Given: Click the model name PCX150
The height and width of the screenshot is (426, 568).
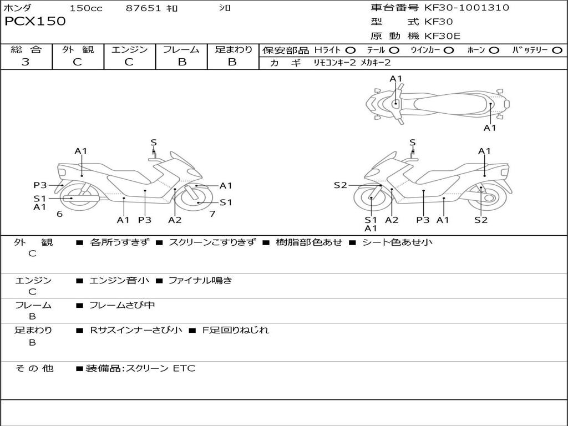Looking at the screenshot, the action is (35, 22).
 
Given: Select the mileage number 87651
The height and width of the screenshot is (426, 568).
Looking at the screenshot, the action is (143, 8).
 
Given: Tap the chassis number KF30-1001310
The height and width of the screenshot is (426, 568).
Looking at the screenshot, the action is (466, 8).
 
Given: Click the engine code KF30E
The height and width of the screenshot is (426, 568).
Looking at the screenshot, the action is (443, 36).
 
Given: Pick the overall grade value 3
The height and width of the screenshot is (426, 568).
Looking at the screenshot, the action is (26, 62).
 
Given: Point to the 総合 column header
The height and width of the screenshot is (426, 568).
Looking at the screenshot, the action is (26, 50).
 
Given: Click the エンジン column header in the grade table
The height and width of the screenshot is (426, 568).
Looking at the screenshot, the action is (129, 50).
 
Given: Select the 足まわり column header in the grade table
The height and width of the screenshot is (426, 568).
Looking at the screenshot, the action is (233, 50).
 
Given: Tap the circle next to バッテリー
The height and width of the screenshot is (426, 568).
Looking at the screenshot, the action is (557, 50).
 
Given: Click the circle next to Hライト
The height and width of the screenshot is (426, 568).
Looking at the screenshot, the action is (350, 50).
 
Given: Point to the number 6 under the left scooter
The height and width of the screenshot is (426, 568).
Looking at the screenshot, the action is (59, 214).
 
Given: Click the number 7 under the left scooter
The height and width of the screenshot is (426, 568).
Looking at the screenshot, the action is (212, 214).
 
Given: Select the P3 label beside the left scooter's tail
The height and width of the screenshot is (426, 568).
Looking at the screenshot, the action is (39, 185).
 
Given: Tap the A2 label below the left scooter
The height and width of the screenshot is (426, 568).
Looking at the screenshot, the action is (175, 220).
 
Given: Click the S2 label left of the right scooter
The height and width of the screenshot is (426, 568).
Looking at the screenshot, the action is (340, 185).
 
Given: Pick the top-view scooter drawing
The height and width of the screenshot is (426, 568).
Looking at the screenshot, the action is (437, 103).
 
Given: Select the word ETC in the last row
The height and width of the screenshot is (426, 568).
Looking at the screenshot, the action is (184, 368).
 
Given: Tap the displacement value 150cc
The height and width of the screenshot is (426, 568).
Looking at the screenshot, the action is (86, 8).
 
